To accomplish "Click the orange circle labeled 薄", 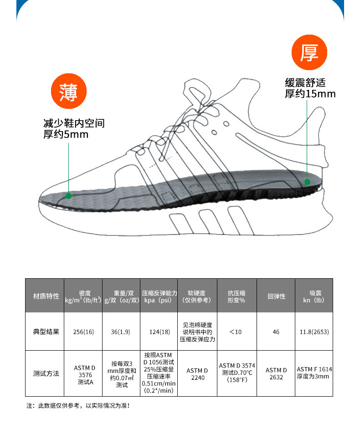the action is point(68,93).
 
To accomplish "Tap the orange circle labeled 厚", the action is point(310,54).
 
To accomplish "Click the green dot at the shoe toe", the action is point(68,196).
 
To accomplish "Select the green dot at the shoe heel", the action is point(307,181).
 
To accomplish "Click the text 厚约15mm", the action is point(310,94).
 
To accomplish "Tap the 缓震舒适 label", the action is point(305,83).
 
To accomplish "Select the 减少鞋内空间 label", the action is point(74,123).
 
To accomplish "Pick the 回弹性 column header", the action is point(276,296).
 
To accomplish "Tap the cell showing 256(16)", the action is point(83,332).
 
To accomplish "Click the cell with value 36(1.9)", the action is point(121,332).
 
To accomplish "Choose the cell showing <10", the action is point(236,332).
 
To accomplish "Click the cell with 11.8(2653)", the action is point(314,332).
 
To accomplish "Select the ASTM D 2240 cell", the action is point(197,374).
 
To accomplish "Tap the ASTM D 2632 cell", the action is point(276,373).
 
